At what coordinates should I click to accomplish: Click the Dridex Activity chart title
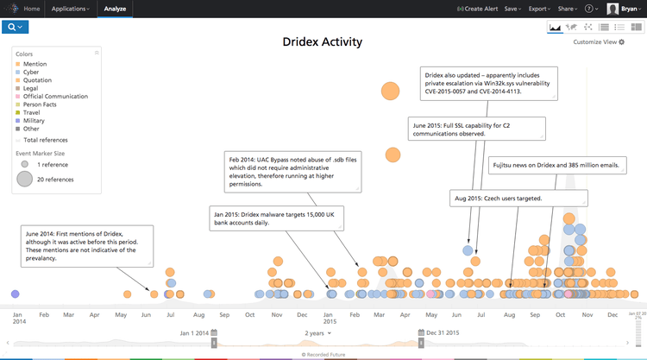(323, 41)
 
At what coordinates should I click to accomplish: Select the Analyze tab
(114, 9)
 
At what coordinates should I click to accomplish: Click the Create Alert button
(477, 9)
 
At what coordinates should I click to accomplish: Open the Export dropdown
(539, 9)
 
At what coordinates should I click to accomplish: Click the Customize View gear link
(599, 41)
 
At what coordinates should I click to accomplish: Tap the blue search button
(15, 28)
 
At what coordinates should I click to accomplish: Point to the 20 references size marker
(25, 179)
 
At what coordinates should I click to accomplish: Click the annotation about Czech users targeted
(518, 199)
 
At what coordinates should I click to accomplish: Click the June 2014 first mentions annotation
(87, 245)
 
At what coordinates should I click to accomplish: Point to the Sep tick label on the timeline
(223, 315)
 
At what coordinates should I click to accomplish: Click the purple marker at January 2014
(15, 294)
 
